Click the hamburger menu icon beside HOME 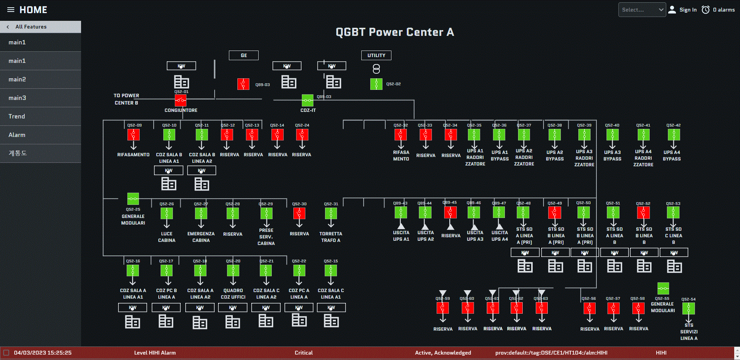tap(11, 10)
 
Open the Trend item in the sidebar tap(17, 116)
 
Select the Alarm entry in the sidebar tap(17, 135)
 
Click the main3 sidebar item tap(17, 98)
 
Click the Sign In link tap(688, 10)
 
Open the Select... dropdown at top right tap(642, 10)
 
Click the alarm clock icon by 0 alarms tap(706, 10)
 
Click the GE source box tap(244, 55)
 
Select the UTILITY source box tap(376, 55)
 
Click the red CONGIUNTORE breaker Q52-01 tap(181, 100)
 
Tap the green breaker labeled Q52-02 tap(376, 84)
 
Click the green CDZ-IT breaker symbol tap(307, 100)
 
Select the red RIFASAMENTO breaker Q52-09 tap(134, 135)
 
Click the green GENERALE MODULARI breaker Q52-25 tap(133, 199)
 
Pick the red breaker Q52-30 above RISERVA tap(299, 213)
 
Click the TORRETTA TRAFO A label tap(330, 237)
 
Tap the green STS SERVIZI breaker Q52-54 tap(688, 308)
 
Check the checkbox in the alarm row tap(6, 352)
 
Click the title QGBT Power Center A tap(395, 32)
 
